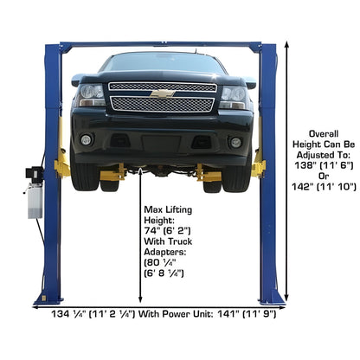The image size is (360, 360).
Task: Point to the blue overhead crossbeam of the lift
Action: [164, 44]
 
